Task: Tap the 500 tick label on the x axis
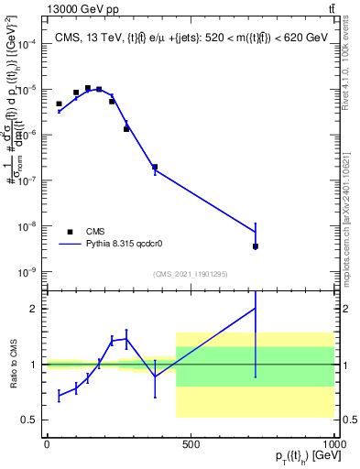pyautogui.click(x=191, y=444)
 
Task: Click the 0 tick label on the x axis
pyautogui.click(x=46, y=444)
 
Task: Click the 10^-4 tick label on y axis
pyautogui.click(x=27, y=44)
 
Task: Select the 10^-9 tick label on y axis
pyautogui.click(x=27, y=272)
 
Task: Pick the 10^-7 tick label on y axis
pyautogui.click(x=27, y=180)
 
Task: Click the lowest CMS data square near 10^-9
pyautogui.click(x=256, y=246)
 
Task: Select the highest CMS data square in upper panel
pyautogui.click(x=88, y=89)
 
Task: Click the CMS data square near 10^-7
pyautogui.click(x=155, y=168)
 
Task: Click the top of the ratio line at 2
pyautogui.click(x=256, y=308)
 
